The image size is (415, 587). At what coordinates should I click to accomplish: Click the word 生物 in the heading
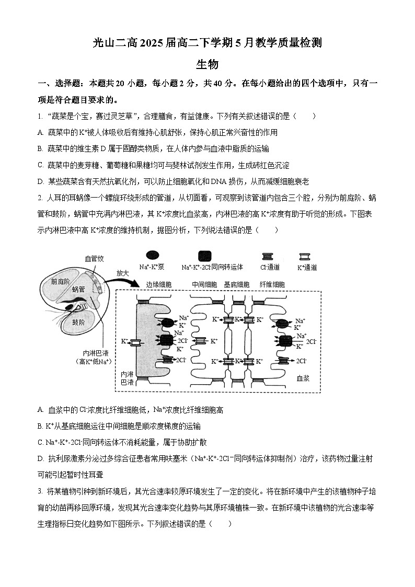pyautogui.click(x=207, y=64)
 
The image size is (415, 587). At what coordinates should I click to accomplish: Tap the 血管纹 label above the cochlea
pyautogui.click(x=94, y=258)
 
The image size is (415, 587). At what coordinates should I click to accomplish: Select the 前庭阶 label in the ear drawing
pyautogui.click(x=61, y=281)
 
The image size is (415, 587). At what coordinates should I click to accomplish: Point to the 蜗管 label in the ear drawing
pyautogui.click(x=78, y=289)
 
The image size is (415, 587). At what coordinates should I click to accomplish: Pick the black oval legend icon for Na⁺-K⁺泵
pyautogui.click(x=152, y=256)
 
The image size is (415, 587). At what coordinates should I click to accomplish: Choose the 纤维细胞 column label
pyautogui.click(x=272, y=284)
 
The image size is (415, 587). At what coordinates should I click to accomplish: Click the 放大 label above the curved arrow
pyautogui.click(x=122, y=272)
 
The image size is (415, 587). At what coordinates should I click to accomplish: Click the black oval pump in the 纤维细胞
pyautogui.click(x=284, y=324)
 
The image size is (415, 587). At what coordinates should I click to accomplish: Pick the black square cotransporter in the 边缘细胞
pyautogui.click(x=166, y=340)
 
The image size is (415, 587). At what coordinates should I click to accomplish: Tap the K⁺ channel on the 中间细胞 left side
pyautogui.click(x=200, y=341)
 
